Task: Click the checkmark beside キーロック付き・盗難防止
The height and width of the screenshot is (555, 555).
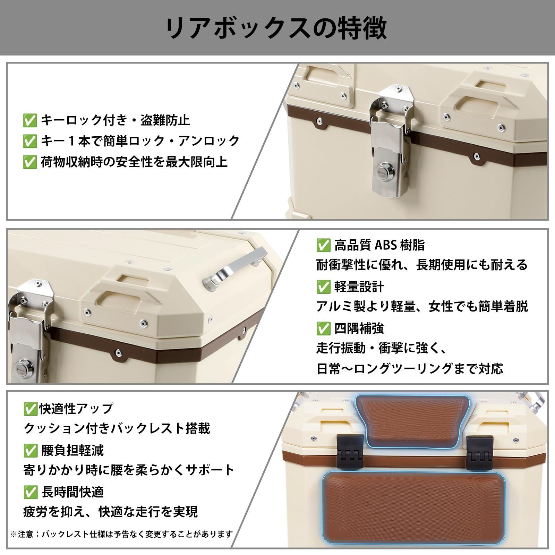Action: click(x=29, y=120)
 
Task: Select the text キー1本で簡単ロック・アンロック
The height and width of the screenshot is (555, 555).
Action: click(x=140, y=141)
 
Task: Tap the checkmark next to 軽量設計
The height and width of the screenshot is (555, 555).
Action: click(x=323, y=287)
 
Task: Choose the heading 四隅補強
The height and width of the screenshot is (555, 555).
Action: click(x=359, y=328)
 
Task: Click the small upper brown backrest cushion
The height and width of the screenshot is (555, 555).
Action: click(x=412, y=421)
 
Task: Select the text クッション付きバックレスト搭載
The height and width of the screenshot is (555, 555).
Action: click(x=117, y=429)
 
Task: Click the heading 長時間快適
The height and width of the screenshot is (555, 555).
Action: click(x=72, y=492)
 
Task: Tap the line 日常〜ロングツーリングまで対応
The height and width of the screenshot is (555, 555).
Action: click(x=410, y=368)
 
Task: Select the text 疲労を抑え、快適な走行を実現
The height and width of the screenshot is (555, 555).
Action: click(x=110, y=512)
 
